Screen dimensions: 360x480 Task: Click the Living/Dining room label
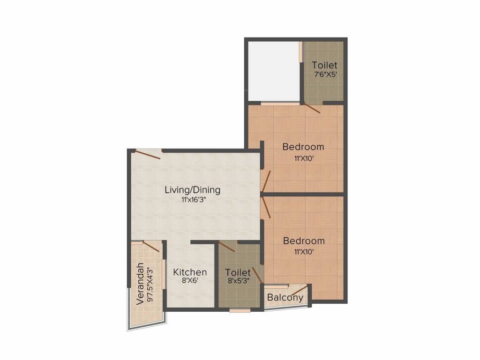(192, 190)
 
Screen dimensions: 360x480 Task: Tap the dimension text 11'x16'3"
(192, 200)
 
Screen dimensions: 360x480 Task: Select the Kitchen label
(190, 272)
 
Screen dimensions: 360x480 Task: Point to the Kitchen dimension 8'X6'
(190, 282)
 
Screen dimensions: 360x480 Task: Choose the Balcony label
(285, 298)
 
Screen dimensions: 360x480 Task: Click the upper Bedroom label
(303, 147)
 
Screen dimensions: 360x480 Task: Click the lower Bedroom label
(304, 241)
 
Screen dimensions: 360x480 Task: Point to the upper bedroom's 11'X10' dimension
(303, 158)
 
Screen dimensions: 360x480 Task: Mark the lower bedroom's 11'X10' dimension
(304, 252)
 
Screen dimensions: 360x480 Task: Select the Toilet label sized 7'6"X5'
(324, 66)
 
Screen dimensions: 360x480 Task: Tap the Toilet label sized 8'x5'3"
(238, 272)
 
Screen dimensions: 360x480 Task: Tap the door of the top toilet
(312, 108)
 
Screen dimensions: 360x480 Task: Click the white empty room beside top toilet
(273, 71)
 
